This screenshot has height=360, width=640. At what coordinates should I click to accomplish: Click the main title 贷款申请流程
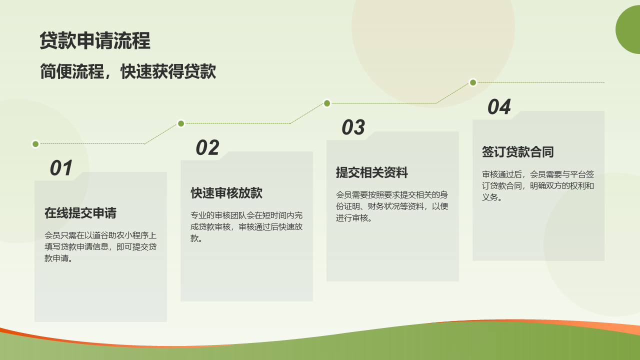click(95, 40)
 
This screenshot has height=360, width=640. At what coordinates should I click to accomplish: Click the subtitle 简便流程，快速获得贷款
click(128, 71)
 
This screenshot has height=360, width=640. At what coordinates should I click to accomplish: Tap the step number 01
click(61, 168)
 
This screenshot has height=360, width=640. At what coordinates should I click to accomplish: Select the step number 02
click(207, 147)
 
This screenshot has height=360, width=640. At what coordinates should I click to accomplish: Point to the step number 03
click(353, 127)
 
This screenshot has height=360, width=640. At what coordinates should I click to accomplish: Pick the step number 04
click(499, 107)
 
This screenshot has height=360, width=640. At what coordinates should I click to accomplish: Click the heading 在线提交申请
click(80, 213)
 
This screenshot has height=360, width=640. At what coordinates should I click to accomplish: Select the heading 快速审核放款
click(226, 193)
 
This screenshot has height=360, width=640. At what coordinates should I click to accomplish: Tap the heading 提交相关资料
click(372, 172)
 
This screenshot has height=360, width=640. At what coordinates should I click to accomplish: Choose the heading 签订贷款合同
click(517, 151)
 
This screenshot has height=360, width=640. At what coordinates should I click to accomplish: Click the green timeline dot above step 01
click(35, 144)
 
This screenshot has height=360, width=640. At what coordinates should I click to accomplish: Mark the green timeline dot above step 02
click(181, 123)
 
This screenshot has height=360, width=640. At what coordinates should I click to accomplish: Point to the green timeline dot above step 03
click(327, 103)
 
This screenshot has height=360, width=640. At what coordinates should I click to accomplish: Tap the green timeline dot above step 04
click(473, 82)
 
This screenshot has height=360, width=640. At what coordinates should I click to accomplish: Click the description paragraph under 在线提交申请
click(100, 247)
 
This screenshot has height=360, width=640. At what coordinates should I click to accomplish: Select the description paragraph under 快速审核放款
click(246, 226)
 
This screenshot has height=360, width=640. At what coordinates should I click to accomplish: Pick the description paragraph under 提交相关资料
click(392, 206)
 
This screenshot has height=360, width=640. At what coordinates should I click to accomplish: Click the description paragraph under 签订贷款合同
click(538, 185)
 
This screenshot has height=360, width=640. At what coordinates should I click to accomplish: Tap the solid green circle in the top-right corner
click(628, 29)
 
